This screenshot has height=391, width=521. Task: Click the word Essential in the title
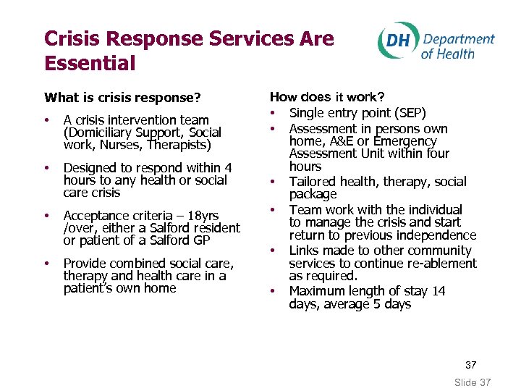(x=90, y=63)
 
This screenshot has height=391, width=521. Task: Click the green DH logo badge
(x=397, y=41)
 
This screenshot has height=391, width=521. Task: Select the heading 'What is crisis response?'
(x=122, y=97)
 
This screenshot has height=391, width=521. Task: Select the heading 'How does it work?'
(x=327, y=96)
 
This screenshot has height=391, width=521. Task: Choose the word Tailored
(x=315, y=182)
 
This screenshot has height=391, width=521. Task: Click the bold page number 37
(x=470, y=364)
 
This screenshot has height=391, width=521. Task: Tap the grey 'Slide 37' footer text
(x=473, y=382)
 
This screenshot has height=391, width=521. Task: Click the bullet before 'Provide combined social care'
(x=46, y=264)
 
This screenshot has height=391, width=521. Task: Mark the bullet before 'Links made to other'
(x=274, y=251)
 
